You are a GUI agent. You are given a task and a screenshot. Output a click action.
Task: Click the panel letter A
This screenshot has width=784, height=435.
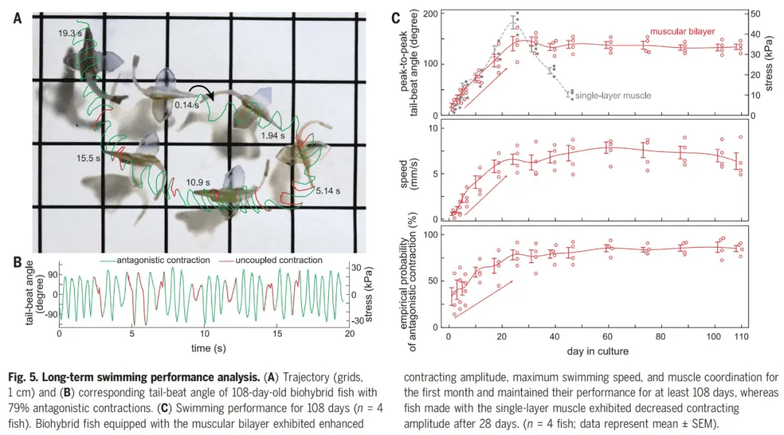17,19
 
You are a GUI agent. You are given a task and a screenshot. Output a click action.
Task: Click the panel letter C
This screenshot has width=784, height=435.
396,19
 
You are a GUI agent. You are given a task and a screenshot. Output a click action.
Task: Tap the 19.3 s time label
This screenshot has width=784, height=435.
71,33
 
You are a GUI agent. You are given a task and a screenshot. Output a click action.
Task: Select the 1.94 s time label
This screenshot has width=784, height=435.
275,136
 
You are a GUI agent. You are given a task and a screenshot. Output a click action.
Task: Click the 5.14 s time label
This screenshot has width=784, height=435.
327,191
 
